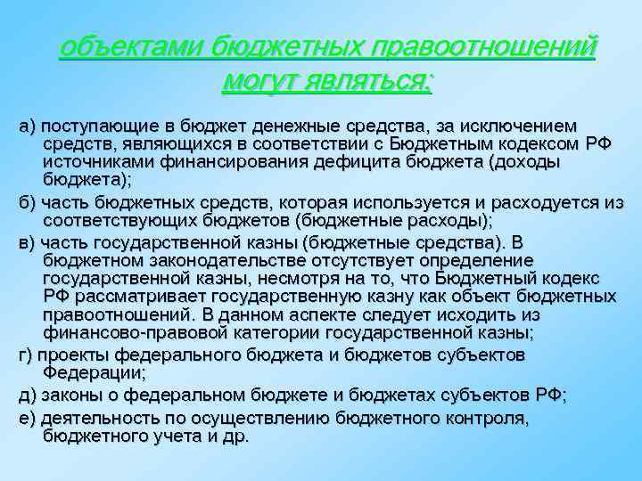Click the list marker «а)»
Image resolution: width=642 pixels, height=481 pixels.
(27, 125)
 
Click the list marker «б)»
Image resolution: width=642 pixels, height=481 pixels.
(27, 203)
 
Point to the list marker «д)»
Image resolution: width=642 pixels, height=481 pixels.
(27, 393)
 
